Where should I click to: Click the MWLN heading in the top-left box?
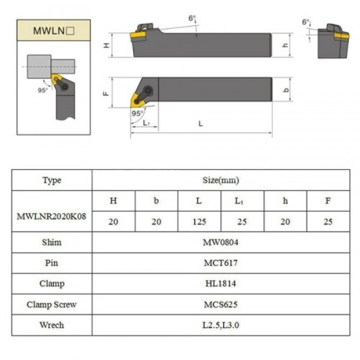(x=53, y=29)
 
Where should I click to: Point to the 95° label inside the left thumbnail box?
(x=43, y=91)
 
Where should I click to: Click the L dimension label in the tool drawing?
(x=200, y=124)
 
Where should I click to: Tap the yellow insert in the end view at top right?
(x=341, y=36)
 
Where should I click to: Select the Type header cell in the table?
(x=52, y=180)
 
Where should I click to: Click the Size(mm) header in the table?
(x=221, y=180)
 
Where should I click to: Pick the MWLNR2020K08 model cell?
(x=52, y=212)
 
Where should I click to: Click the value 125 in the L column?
(x=199, y=222)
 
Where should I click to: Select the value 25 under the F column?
(x=328, y=222)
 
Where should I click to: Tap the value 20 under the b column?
(x=156, y=222)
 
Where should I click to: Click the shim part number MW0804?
(x=221, y=243)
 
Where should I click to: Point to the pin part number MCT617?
(x=221, y=263)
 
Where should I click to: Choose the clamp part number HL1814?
(x=221, y=284)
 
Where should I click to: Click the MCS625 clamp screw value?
(x=221, y=304)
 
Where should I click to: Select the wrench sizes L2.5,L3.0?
(x=221, y=325)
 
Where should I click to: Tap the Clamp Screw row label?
(x=52, y=304)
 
